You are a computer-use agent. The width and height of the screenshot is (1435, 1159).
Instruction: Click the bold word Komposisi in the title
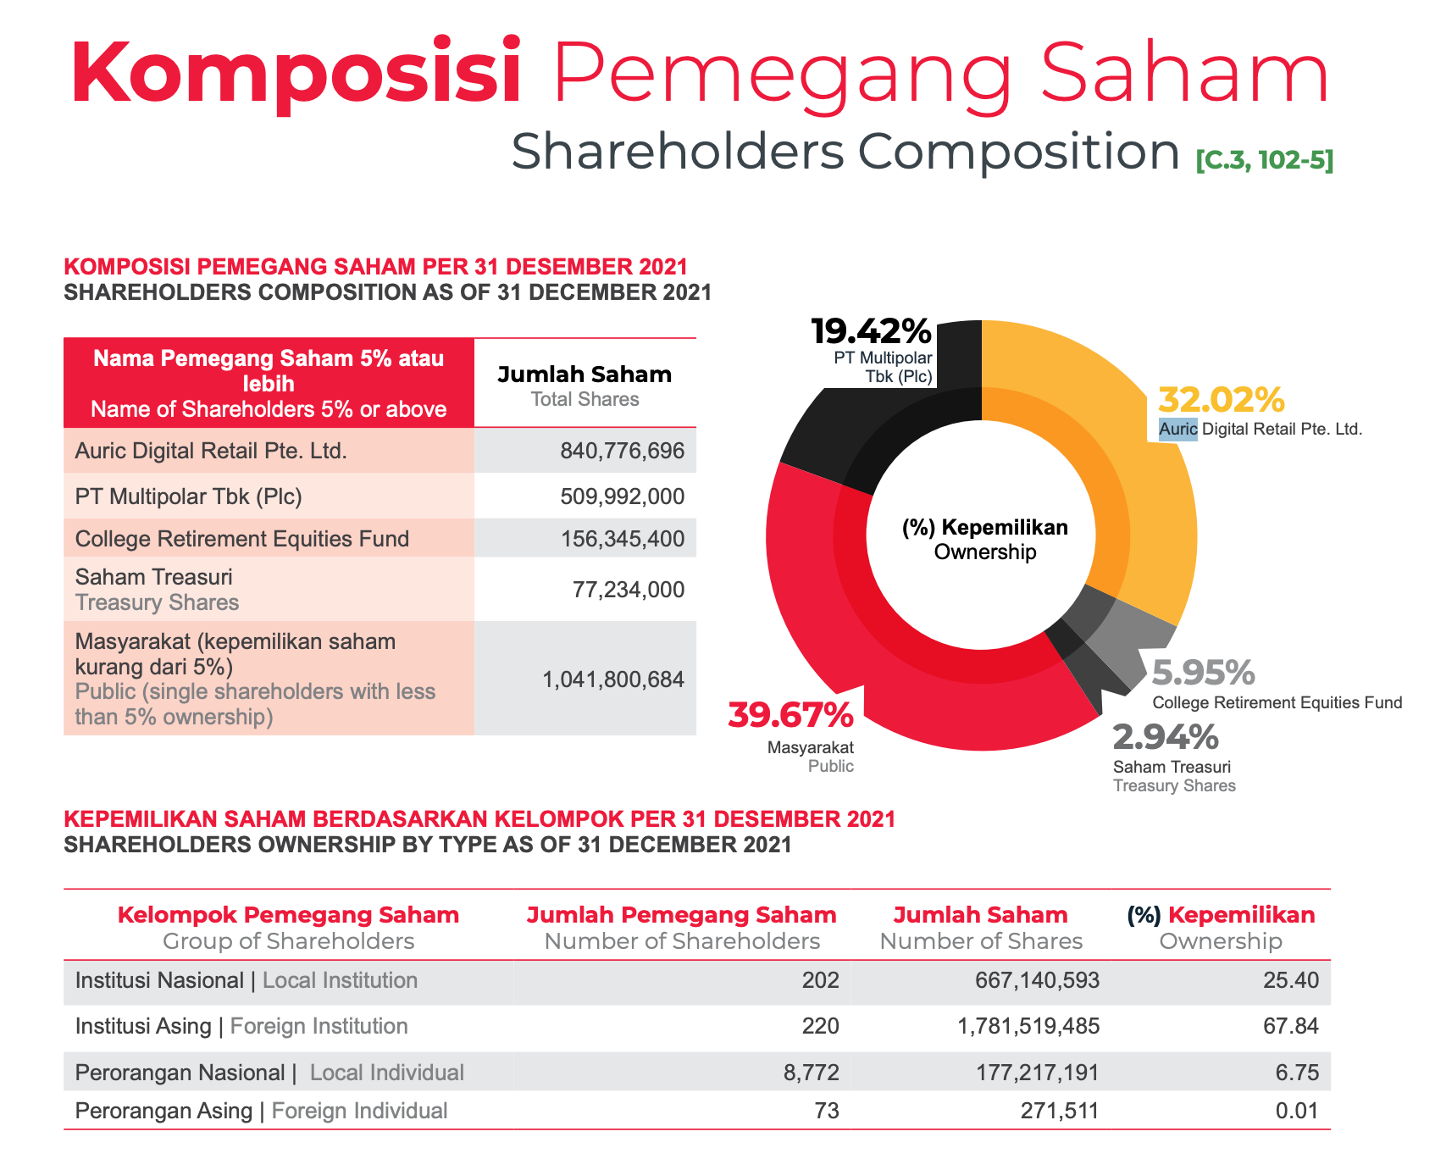pyautogui.click(x=296, y=73)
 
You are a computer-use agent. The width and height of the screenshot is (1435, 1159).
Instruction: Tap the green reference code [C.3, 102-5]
pyautogui.click(x=1264, y=159)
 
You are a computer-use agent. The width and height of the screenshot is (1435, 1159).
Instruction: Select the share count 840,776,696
pyautogui.click(x=622, y=451)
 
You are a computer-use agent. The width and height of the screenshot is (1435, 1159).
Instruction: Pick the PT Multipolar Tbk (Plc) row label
pyautogui.click(x=188, y=496)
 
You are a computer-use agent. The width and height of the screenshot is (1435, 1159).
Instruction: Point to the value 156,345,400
pyautogui.click(x=622, y=539)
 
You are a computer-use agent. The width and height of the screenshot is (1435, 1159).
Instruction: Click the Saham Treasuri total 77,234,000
pyautogui.click(x=628, y=590)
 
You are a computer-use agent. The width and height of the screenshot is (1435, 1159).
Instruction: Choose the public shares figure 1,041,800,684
pyautogui.click(x=613, y=679)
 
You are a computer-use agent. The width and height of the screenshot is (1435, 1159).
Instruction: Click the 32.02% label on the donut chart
pyautogui.click(x=1222, y=399)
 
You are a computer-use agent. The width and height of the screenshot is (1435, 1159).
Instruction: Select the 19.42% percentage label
pyautogui.click(x=871, y=331)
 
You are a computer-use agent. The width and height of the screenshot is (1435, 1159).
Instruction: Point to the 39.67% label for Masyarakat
pyautogui.click(x=790, y=715)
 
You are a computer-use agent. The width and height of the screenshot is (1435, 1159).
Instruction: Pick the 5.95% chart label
pyautogui.click(x=1203, y=673)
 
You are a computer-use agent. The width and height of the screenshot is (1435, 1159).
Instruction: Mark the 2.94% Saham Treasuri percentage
pyautogui.click(x=1166, y=737)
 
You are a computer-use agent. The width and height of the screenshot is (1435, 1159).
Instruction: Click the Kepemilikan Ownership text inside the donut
pyautogui.click(x=984, y=540)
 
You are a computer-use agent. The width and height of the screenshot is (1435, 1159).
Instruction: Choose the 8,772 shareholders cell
pyautogui.click(x=812, y=1073)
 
